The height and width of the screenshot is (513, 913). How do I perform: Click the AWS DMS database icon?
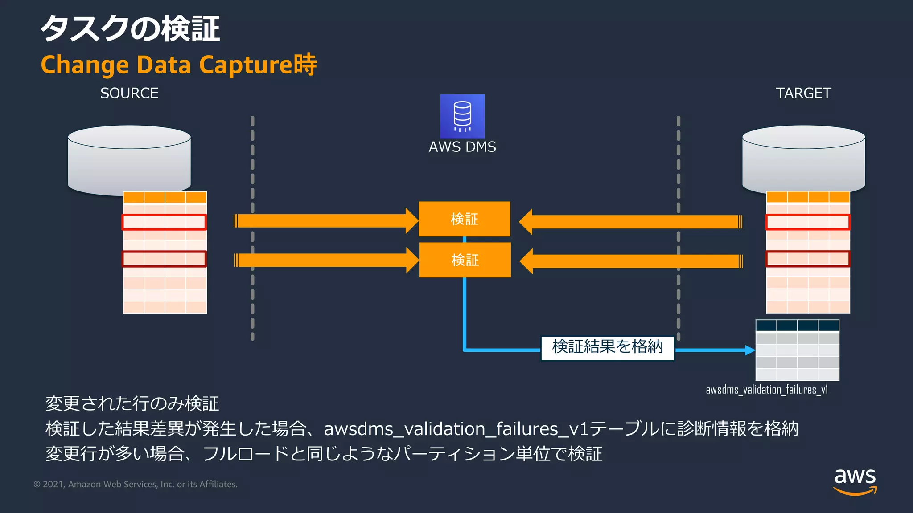[x=462, y=116]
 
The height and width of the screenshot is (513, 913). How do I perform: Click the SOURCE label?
[x=129, y=93]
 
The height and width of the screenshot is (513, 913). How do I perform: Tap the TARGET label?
[x=803, y=93]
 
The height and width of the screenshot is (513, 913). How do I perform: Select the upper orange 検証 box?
[x=464, y=219]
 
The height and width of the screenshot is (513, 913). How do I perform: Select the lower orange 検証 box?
[x=465, y=260]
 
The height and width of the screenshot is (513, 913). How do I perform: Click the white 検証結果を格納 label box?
[x=607, y=347]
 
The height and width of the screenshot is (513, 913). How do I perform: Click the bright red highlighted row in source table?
[x=164, y=222]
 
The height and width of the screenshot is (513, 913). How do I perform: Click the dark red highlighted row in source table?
[x=164, y=259]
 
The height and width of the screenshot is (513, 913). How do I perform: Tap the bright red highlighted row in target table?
[x=808, y=222]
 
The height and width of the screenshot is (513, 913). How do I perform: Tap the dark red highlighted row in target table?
[x=808, y=259]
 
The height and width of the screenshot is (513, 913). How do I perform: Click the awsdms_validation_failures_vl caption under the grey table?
[x=766, y=390]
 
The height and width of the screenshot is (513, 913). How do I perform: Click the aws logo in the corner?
[x=855, y=481]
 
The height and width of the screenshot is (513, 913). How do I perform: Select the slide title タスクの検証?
[x=130, y=28]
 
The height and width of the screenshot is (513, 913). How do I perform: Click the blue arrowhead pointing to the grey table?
[x=750, y=350]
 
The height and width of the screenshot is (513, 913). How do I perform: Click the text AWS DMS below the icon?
[x=462, y=147]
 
